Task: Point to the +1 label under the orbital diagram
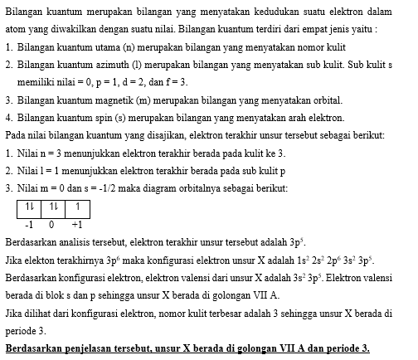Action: pyautogui.click(x=76, y=225)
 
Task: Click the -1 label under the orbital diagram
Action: pyautogui.click(x=29, y=225)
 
